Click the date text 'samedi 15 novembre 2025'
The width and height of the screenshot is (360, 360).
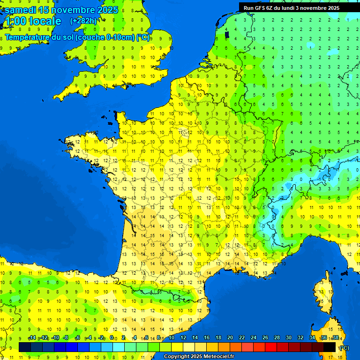click(61, 10)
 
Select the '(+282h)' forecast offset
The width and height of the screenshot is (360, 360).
click(83, 21)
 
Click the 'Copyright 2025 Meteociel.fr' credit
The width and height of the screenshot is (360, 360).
click(199, 357)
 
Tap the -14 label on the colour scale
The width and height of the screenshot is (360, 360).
click(32, 338)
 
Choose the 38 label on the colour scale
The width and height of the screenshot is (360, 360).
click(336, 338)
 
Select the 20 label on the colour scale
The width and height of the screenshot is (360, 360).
click(230, 338)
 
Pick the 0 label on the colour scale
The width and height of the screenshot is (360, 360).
click(112, 338)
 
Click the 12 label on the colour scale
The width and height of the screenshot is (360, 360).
click(183, 338)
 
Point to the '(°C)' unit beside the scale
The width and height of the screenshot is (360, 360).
click(344, 347)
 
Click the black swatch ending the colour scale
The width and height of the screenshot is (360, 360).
click(330, 347)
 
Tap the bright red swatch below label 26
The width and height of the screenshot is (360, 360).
click(271, 347)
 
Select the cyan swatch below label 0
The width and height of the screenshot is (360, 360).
click(118, 347)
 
